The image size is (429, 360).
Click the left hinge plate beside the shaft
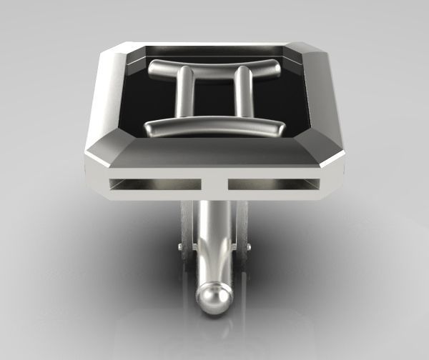coord(188,229)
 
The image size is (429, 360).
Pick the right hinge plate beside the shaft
coord(241,229)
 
